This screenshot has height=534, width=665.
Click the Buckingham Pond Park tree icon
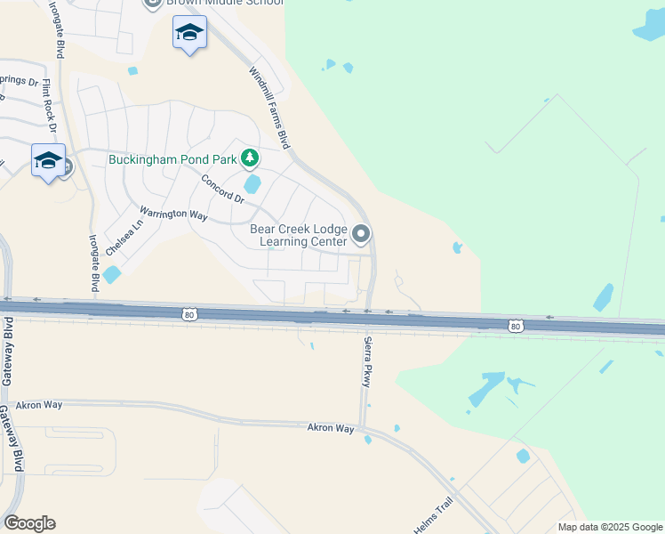coord(250,158)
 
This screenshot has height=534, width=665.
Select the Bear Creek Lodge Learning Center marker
coord(361,234)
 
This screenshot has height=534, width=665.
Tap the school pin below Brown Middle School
coord(189,33)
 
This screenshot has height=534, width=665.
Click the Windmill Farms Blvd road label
coord(269,108)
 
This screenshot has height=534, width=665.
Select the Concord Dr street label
coord(221,188)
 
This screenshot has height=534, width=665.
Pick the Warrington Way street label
coord(173,214)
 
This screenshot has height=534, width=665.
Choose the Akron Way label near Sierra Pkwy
coord(331,428)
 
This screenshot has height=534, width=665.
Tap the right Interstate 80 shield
coord(516,327)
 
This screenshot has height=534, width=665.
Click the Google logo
coord(29,523)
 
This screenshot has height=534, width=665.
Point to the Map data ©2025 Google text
coord(609,527)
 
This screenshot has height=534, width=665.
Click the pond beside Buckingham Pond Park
coord(252,184)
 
